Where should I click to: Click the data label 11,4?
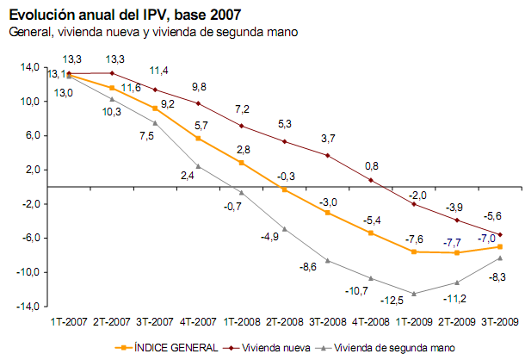[x=159, y=71]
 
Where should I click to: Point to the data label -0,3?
[x=287, y=176]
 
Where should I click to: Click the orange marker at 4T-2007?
[x=198, y=138]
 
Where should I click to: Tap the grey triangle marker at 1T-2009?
[x=414, y=294]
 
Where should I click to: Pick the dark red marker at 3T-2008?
[x=328, y=155]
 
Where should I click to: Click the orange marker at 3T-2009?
[x=500, y=246]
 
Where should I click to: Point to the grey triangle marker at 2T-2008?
[x=284, y=229]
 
